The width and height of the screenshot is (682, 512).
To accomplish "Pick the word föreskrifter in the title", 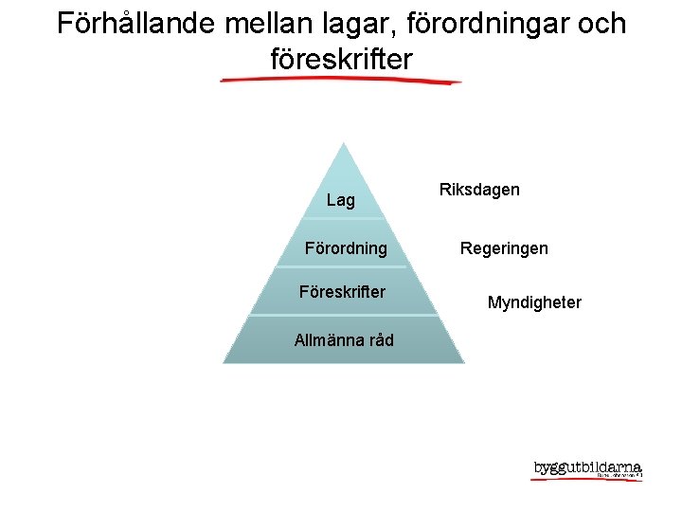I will pos(341,60).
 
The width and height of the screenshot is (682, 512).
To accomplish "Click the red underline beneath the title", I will pos(341,82).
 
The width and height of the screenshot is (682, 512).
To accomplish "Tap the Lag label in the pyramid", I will pos(341,200).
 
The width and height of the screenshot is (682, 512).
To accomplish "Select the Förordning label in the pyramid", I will pos(346,248).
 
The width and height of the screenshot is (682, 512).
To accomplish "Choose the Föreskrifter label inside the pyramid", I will pos(342,292).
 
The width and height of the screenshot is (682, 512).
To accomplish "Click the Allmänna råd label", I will pos(344,340).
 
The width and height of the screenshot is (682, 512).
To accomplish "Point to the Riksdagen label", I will pos(479,190).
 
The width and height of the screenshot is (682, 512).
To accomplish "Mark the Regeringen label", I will pos(504,248).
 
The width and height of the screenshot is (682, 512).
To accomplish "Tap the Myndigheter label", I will pos(534,302).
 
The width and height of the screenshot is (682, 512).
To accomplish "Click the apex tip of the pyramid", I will pos(344,144).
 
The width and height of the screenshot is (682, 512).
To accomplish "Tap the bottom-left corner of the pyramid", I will pos(224,361).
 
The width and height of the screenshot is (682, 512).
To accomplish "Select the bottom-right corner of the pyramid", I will pos(463,361).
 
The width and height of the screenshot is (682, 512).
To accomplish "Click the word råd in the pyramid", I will pos(380,340).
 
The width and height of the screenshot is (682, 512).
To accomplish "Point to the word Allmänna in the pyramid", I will pos(328,340).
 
